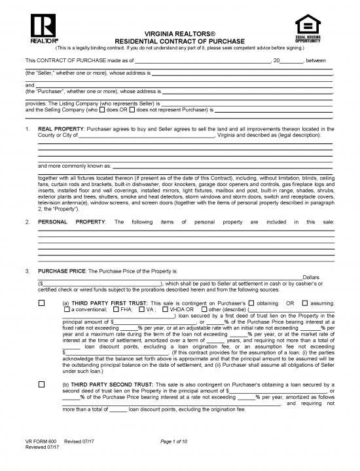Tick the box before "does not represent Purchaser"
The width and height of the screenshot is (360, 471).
point(132,109)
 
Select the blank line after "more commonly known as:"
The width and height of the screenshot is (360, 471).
point(223,166)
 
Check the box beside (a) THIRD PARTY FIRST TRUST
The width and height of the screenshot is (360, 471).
point(42,303)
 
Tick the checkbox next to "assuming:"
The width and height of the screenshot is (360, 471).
point(305,303)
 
